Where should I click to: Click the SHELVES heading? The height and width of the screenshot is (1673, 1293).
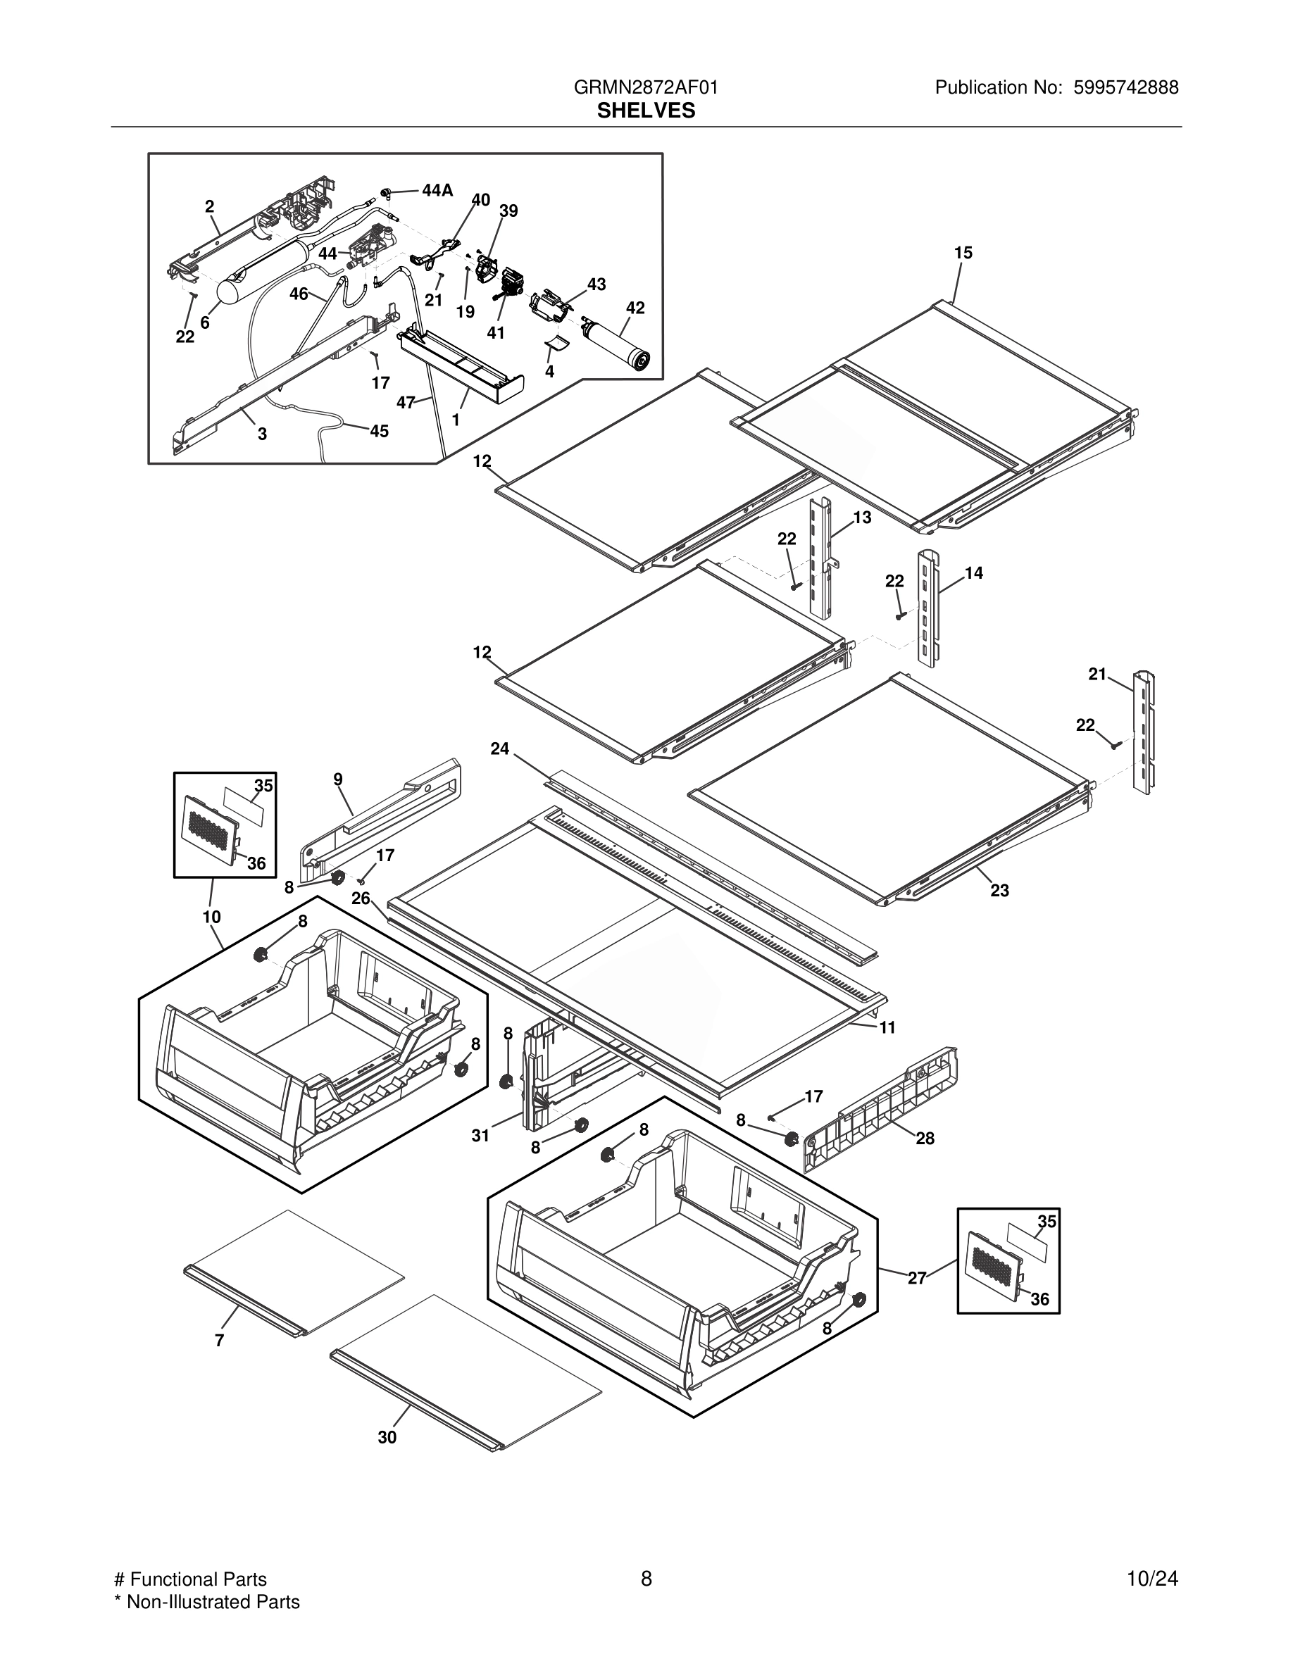pyautogui.click(x=646, y=111)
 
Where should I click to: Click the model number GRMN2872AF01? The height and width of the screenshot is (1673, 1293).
pyautogui.click(x=646, y=88)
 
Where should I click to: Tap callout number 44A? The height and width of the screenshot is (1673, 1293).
pyautogui.click(x=437, y=190)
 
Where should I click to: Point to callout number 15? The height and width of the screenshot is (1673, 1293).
pyautogui.click(x=963, y=253)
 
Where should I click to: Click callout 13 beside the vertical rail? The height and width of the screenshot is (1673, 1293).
pyautogui.click(x=862, y=518)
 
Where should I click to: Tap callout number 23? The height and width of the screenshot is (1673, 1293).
pyautogui.click(x=999, y=890)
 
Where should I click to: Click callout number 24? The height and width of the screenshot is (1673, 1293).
pyautogui.click(x=499, y=748)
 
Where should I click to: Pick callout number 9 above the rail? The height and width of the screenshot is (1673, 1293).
pyautogui.click(x=338, y=779)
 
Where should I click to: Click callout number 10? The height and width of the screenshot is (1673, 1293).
pyautogui.click(x=211, y=917)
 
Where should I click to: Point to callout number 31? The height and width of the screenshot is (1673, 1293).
pyautogui.click(x=480, y=1136)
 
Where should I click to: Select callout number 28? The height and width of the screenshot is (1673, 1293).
pyautogui.click(x=925, y=1139)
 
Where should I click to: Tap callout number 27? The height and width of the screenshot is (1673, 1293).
pyautogui.click(x=917, y=1278)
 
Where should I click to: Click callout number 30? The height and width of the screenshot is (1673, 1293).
pyautogui.click(x=387, y=1438)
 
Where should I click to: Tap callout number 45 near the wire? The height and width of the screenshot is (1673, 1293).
pyautogui.click(x=379, y=431)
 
